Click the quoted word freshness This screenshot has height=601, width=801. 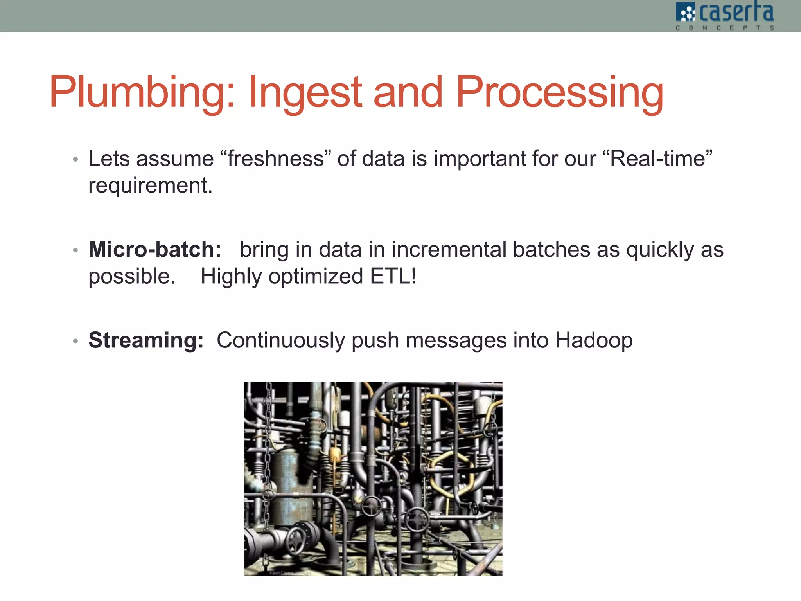pyautogui.click(x=276, y=158)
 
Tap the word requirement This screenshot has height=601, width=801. pyautogui.click(x=150, y=185)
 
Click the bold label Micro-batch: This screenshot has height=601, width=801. pyautogui.click(x=155, y=249)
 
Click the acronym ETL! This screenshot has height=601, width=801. pyautogui.click(x=393, y=276)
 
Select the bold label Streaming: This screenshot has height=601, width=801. pyautogui.click(x=146, y=340)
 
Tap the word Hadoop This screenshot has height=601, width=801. pyautogui.click(x=594, y=340)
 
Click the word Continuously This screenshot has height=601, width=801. pyautogui.click(x=280, y=340)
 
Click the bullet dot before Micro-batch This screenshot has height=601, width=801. pyautogui.click(x=75, y=250)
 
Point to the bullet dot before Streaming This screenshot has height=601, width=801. pyautogui.click(x=75, y=341)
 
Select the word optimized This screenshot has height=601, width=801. pyautogui.click(x=316, y=276)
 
